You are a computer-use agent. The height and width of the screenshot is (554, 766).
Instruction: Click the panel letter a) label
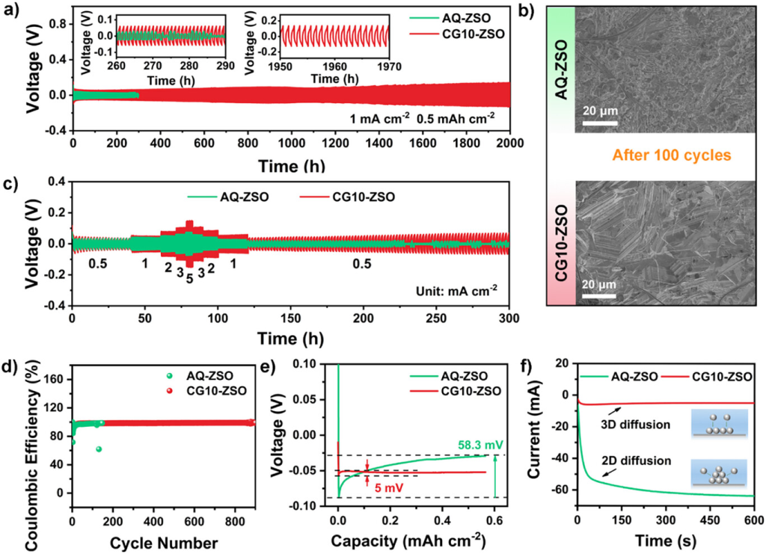click(10, 10)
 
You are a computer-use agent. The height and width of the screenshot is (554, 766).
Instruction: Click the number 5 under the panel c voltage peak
click(189, 279)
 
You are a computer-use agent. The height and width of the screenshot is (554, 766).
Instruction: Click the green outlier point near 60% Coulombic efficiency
click(99, 449)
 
